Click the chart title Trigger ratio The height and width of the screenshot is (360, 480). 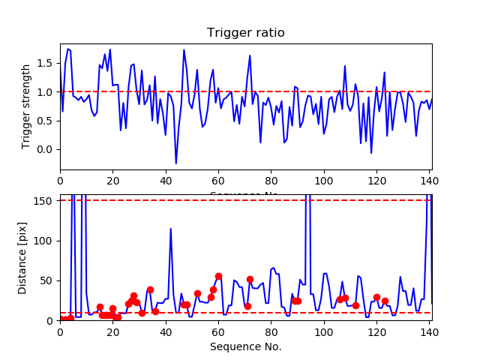245,33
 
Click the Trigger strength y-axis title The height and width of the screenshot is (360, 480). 26,106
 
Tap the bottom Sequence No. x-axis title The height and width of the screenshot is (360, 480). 245,346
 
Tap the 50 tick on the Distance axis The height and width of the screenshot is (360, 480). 47,280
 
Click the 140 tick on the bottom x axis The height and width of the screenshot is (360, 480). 429,330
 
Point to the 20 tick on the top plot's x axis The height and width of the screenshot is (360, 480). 112,180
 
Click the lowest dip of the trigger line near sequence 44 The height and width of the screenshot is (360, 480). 176,163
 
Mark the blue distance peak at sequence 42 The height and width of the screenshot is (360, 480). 171,229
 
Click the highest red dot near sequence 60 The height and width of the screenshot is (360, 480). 218,277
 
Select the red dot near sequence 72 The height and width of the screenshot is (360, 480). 250,279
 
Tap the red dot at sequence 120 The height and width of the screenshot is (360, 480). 376,298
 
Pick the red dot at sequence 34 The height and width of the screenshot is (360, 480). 150,289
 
